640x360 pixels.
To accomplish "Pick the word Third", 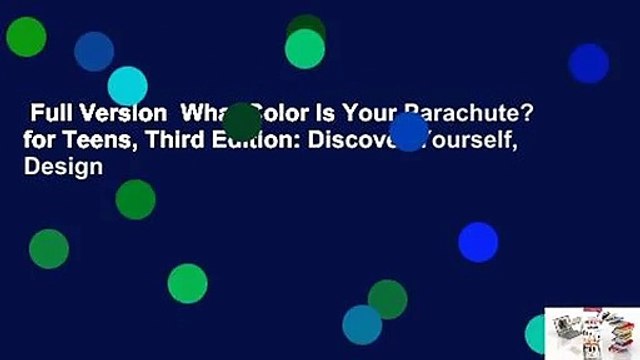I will [164, 145].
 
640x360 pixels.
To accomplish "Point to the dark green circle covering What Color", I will [242, 122].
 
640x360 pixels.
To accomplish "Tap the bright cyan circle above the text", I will [127, 86].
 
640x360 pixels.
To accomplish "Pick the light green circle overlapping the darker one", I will [304, 49].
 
